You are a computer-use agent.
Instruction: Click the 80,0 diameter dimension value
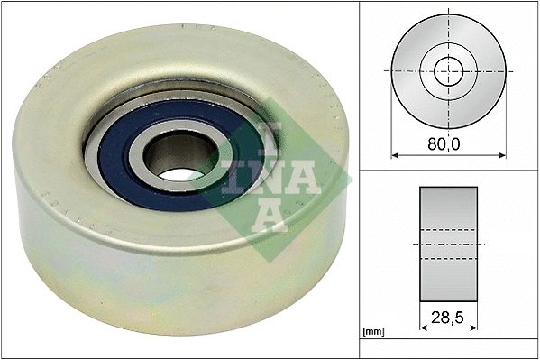449,142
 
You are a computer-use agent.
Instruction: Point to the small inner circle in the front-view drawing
449,69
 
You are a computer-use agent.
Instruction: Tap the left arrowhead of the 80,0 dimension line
395,155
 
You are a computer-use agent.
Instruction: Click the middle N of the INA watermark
267,177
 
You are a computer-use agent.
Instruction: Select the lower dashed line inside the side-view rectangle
449,259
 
